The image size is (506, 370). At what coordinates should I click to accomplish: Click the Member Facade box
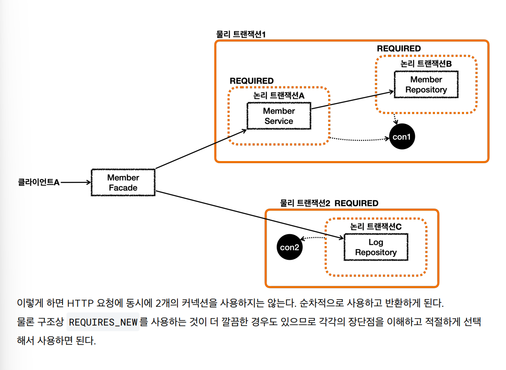pyautogui.click(x=123, y=183)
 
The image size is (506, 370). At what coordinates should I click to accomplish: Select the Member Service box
pyautogui.click(x=278, y=116)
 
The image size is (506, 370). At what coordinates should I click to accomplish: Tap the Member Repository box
pyautogui.click(x=426, y=85)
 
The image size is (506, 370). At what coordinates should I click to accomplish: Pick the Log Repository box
pyautogui.click(x=376, y=247)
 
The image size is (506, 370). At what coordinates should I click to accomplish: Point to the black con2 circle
pyautogui.click(x=290, y=247)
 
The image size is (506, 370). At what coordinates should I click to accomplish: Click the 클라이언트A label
pyautogui.click(x=38, y=182)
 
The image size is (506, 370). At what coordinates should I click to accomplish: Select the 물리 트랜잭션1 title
pyautogui.click(x=241, y=34)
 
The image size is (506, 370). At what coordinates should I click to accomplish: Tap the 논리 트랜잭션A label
pyautogui.click(x=278, y=96)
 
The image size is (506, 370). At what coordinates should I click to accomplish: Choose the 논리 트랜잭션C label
pyautogui.click(x=376, y=226)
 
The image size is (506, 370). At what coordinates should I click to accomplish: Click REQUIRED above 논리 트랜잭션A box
pyautogui.click(x=252, y=81)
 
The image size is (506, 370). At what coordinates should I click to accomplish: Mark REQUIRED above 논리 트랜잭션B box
pyautogui.click(x=399, y=49)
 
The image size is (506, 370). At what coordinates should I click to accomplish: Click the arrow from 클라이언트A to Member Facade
pyautogui.click(x=76, y=182)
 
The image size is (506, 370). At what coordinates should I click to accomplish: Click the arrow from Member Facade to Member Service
pyautogui.click(x=201, y=147)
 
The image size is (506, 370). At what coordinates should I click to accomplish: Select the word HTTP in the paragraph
pyautogui.click(x=83, y=304)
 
